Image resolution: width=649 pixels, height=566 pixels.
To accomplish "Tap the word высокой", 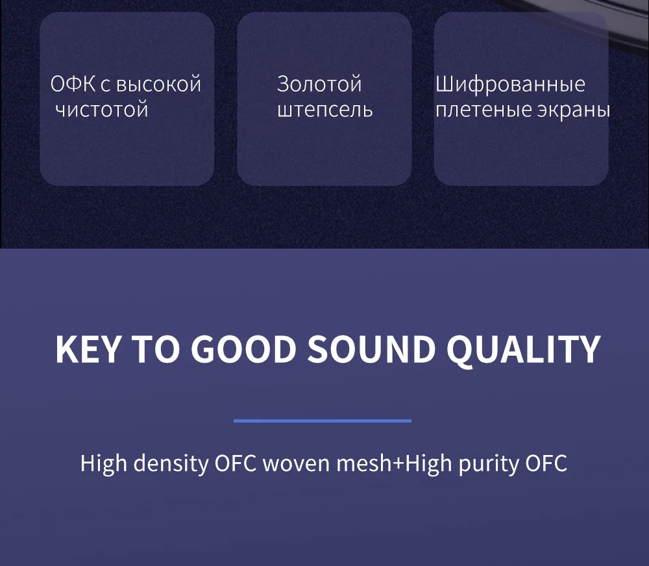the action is coord(158,84).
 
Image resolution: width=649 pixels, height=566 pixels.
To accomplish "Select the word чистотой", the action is coord(102,110).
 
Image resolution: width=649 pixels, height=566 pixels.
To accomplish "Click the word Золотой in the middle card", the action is coord(319,84).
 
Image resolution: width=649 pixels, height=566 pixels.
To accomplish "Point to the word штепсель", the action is coord(325,110).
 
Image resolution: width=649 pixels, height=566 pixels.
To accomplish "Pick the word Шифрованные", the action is coord(510,84).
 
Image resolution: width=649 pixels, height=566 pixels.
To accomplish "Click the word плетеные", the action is coord(484,110).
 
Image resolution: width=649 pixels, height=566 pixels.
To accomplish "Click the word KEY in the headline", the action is coord(88,350).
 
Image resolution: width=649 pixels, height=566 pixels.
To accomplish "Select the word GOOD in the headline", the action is coord(244,350).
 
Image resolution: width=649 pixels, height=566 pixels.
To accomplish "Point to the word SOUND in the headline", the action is coord(371,350).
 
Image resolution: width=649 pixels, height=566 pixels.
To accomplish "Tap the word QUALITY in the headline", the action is coord(524,351).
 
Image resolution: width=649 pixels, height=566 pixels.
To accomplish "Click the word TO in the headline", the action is coord(156,350).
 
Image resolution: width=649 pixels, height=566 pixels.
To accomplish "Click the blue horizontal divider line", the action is coord(323,421).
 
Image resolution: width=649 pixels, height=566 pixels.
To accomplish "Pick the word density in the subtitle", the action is coord(171,463).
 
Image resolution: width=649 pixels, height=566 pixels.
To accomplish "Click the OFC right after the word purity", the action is coord(546,463).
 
